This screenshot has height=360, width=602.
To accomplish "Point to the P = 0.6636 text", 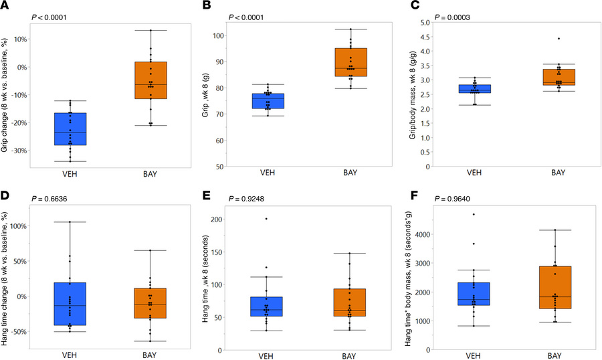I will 54,199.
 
